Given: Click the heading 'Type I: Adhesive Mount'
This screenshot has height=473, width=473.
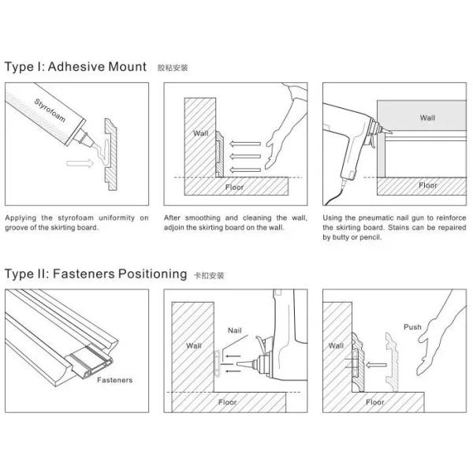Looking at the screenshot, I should [x=76, y=66].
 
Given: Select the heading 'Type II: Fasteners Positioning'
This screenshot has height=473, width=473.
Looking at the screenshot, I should [x=95, y=274].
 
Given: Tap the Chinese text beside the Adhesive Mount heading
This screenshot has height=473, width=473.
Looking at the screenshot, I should [x=173, y=68].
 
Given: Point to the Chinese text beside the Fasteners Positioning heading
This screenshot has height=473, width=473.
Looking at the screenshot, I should [x=209, y=276].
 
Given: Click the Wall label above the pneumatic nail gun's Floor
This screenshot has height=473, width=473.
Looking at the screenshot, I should [x=426, y=117].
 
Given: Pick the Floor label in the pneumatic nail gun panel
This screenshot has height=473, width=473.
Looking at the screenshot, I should [x=427, y=185].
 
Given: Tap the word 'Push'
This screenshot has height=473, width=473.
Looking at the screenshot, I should [x=412, y=326].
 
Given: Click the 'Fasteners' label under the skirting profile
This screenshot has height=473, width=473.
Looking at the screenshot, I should [x=115, y=379].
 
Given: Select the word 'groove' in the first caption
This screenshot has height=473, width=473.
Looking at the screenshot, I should [x=19, y=228].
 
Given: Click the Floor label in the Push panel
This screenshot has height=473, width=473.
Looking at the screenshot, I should [x=375, y=401].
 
